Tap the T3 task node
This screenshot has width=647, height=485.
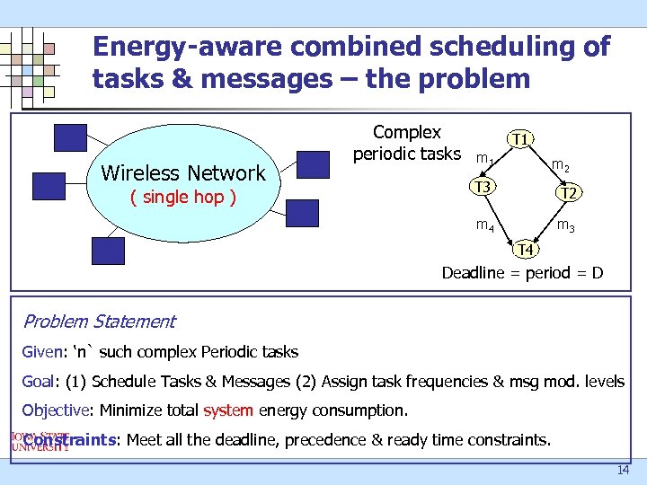click(x=483, y=187)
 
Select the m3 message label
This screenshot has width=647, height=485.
click(x=566, y=225)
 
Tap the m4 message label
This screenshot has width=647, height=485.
click(x=484, y=225)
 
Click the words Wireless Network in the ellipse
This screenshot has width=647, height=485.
click(x=183, y=172)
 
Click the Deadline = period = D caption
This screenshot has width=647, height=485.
click(x=522, y=272)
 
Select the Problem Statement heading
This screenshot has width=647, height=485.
click(x=99, y=322)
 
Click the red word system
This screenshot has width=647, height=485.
click(x=228, y=411)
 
